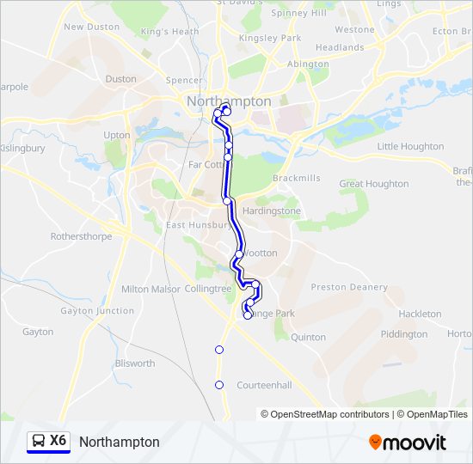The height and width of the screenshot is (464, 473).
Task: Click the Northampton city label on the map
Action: coord(229,101)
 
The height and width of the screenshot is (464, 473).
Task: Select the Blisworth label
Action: coord(135,363)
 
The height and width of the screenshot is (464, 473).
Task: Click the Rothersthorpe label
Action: coord(81,235)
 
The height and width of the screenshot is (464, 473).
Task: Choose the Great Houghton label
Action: coord(374,184)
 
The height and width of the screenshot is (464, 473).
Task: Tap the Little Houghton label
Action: coord(410,147)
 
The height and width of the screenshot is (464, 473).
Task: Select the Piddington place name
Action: coord(403,334)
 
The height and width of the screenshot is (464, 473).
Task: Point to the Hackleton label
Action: coord(420,314)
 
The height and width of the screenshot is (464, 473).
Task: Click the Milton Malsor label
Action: coord(151,290)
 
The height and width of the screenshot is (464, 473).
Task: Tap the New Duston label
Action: coord(91,27)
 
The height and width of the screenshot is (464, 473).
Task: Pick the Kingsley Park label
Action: coord(270,39)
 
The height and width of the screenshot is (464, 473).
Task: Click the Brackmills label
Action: coord(272,178)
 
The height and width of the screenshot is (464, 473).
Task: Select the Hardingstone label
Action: coord(272,211)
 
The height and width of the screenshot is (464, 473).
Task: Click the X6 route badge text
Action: coord(58,441)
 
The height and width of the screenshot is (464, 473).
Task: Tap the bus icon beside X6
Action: coord(39,441)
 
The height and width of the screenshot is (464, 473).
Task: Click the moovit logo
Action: coord(408,443)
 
